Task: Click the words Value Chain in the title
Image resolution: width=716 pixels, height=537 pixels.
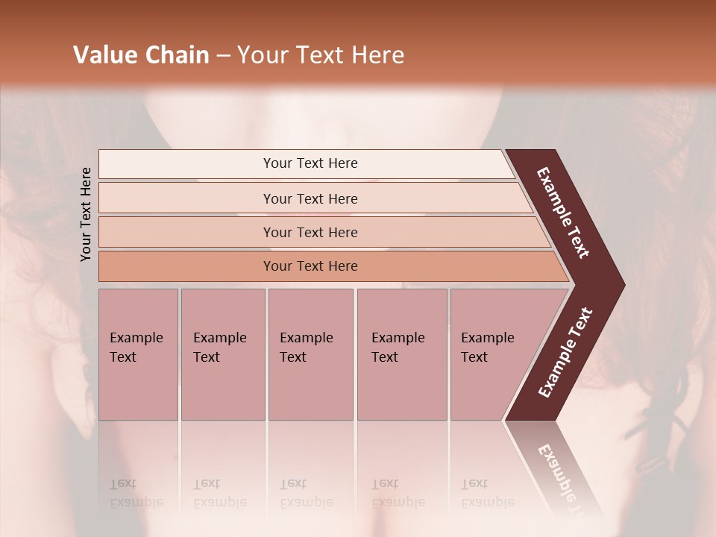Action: click(x=141, y=55)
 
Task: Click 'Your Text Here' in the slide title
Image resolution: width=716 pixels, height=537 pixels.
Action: click(x=321, y=55)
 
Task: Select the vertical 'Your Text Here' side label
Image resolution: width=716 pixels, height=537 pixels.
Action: click(x=86, y=214)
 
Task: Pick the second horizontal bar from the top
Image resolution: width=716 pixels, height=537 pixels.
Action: click(x=310, y=198)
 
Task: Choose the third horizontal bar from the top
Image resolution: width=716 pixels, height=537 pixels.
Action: click(x=310, y=232)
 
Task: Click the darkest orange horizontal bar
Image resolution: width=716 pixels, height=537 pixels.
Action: click(x=310, y=266)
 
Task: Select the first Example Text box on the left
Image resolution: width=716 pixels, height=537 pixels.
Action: click(x=138, y=354)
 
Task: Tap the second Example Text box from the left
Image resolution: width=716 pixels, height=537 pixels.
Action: click(x=222, y=354)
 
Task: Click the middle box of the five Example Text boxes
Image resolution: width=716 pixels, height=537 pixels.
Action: click(x=310, y=354)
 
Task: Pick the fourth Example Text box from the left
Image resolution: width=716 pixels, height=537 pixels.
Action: click(x=401, y=354)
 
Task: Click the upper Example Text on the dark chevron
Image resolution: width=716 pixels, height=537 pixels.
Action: click(x=564, y=213)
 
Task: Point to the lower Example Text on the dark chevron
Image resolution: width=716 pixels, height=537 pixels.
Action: click(x=565, y=352)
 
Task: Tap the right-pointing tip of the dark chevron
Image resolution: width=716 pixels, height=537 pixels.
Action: click(x=620, y=285)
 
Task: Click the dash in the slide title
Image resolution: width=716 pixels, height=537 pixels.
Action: click(x=223, y=56)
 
